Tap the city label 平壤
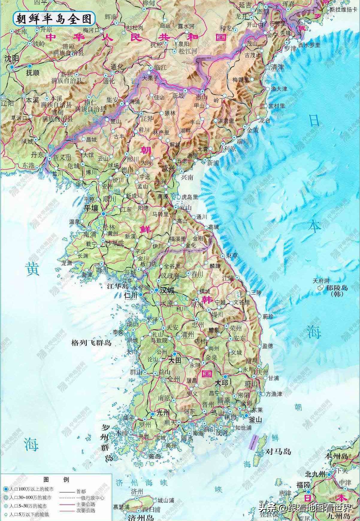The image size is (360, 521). (x=91, y=208)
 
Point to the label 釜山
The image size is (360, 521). (x=255, y=420)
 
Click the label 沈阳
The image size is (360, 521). (x=12, y=59)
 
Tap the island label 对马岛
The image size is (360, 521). (x=279, y=451)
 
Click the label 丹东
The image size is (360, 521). (x=37, y=155)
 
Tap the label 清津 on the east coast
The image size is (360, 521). (x=277, y=67)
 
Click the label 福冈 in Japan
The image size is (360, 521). (x=303, y=485)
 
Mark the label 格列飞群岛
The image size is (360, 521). (x=91, y=342)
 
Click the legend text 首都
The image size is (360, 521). (x=81, y=492)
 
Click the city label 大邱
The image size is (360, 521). (x=222, y=383)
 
